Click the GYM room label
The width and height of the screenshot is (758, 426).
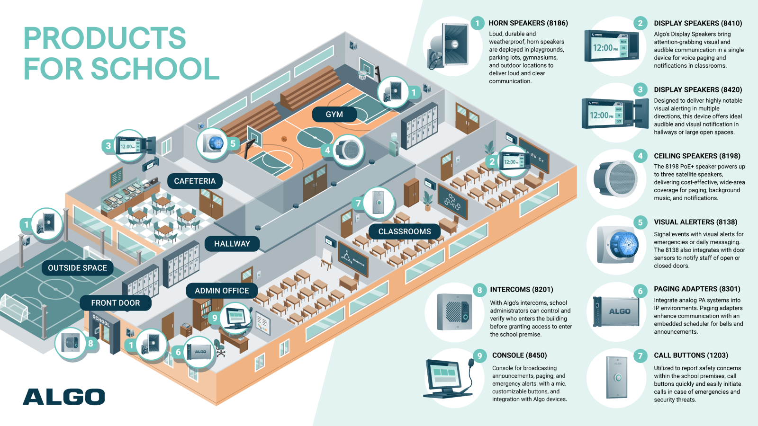[x=334, y=115]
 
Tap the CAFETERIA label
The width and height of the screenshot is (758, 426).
[x=195, y=181]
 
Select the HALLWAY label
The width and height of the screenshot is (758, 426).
[x=232, y=244]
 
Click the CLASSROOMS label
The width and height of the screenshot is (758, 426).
[x=405, y=231]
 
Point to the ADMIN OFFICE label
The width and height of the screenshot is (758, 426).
[x=222, y=291]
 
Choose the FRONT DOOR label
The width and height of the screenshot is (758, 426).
[x=116, y=303]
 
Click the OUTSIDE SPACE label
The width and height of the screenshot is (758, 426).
[x=77, y=268]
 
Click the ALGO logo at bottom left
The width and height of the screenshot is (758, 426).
[x=64, y=397]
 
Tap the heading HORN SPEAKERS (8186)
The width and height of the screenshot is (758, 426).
[x=528, y=23]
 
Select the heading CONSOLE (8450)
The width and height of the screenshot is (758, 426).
[x=519, y=355]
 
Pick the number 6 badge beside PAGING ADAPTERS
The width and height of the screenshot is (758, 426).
[x=640, y=291]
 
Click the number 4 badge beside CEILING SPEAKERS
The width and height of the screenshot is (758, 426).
[x=640, y=156]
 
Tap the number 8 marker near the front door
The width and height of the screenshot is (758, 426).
[x=90, y=343]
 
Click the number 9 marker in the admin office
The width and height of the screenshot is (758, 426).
[x=215, y=318]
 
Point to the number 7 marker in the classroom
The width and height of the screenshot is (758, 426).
[x=358, y=204]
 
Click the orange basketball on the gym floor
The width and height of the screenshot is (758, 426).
[x=284, y=139]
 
